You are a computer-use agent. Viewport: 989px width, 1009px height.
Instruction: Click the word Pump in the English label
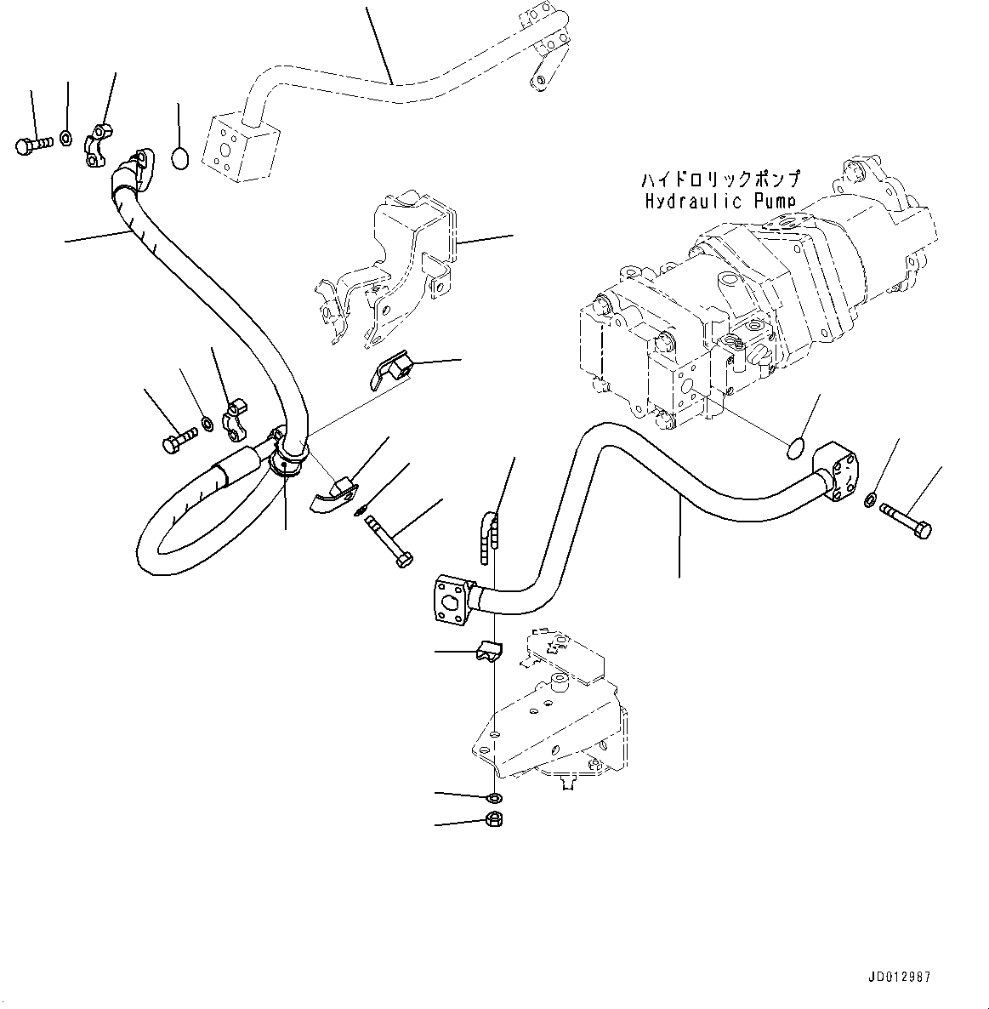[x=775, y=202]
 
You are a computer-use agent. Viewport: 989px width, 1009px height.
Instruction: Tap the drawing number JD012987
[x=899, y=977]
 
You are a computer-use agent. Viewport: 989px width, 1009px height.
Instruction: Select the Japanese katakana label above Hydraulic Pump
[x=720, y=179]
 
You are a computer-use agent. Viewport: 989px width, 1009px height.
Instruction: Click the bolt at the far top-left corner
[x=32, y=145]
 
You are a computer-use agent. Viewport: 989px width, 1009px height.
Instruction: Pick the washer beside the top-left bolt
[x=65, y=137]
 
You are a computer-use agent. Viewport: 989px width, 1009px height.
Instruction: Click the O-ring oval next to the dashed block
[x=180, y=158]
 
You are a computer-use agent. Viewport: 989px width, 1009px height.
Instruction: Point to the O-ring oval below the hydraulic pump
[x=795, y=448]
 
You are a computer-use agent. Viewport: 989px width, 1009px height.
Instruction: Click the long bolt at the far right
[x=907, y=520]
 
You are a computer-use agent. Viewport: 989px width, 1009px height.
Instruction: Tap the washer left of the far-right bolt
[x=869, y=499]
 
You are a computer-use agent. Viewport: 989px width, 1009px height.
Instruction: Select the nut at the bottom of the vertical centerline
[x=494, y=820]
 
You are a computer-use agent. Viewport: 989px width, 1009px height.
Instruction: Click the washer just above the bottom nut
[x=494, y=799]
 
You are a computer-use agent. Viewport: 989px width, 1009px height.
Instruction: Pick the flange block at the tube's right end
[x=835, y=471]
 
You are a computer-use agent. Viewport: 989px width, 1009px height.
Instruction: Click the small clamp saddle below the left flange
[x=489, y=650]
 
